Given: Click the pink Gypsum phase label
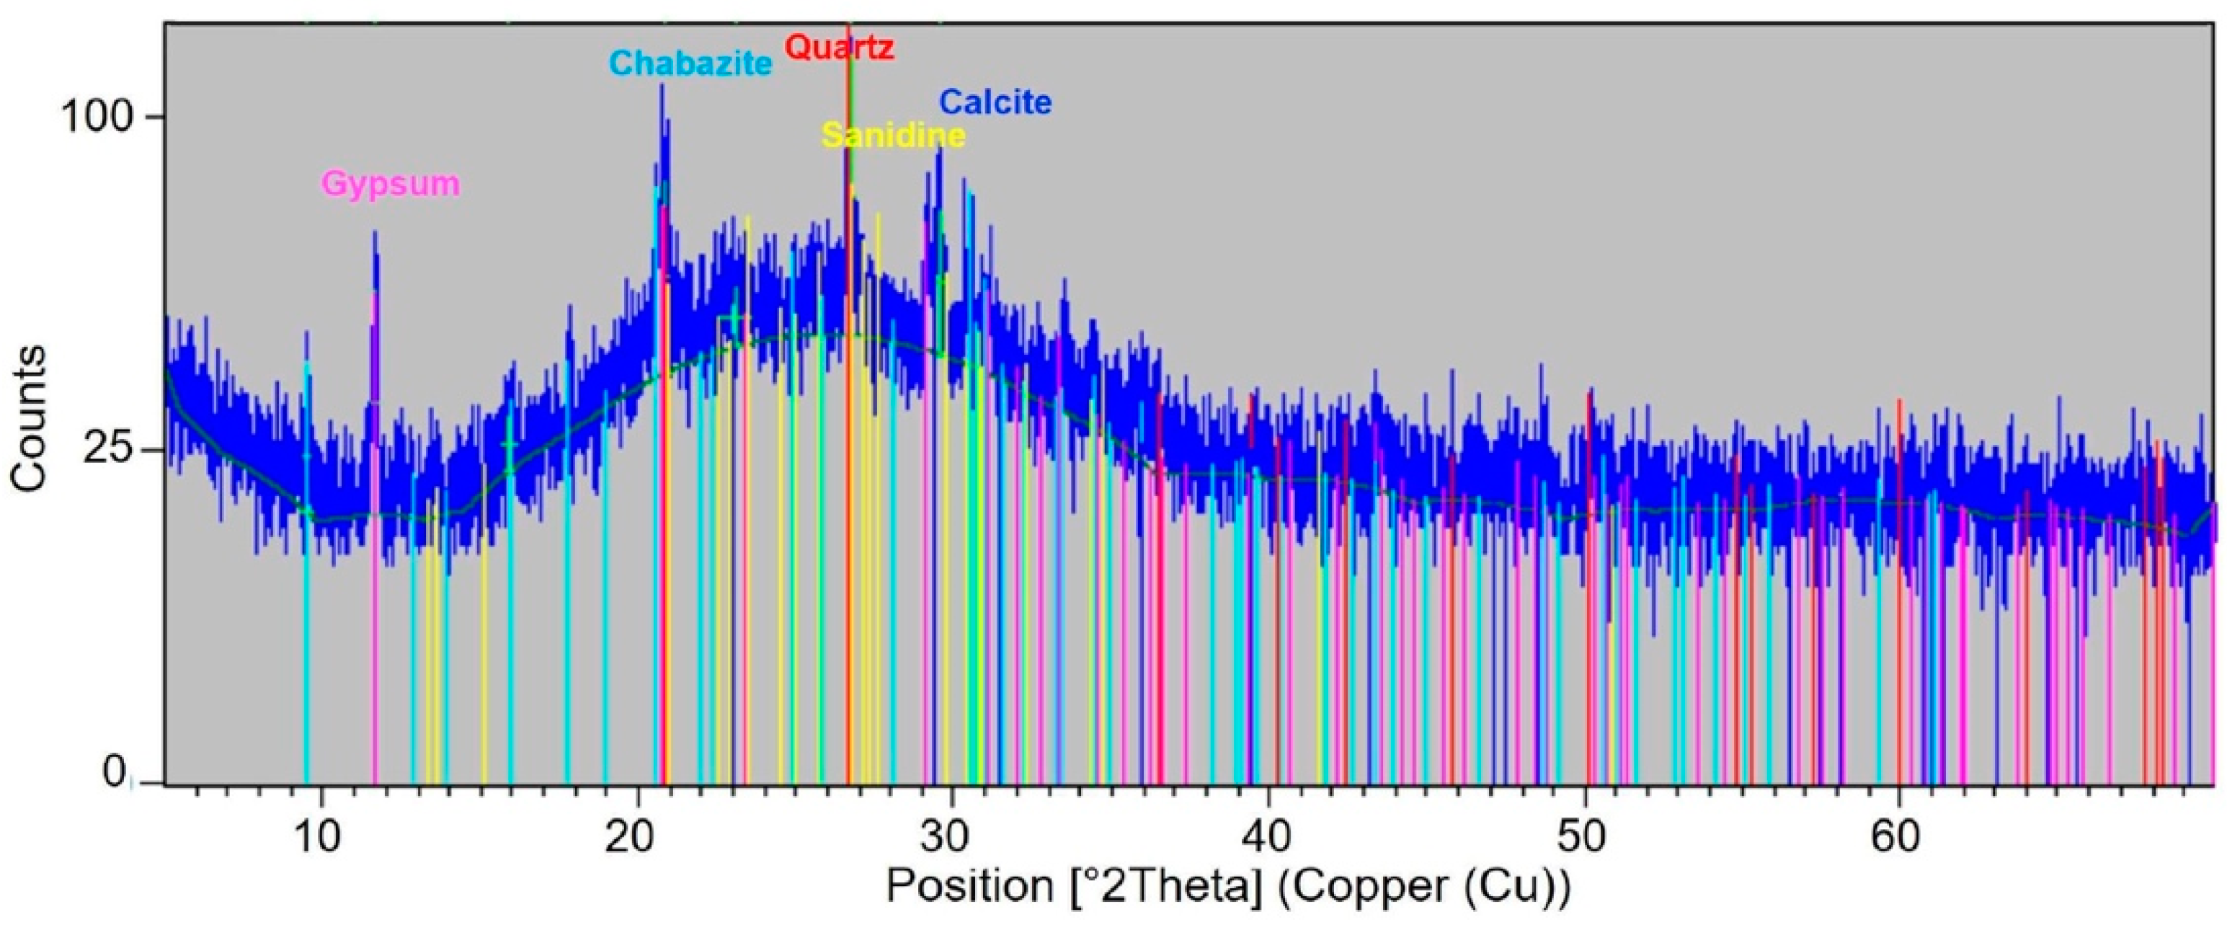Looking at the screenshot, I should (391, 184).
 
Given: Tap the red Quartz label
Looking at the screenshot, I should (839, 47).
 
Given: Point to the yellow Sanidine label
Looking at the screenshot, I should (893, 136).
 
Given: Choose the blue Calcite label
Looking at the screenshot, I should (995, 102).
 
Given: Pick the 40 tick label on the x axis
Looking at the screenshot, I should (1268, 837).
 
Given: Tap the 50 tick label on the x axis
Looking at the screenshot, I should (1585, 837).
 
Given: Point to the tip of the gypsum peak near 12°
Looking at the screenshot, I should (375, 231).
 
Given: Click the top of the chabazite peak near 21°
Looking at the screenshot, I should (662, 85).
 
